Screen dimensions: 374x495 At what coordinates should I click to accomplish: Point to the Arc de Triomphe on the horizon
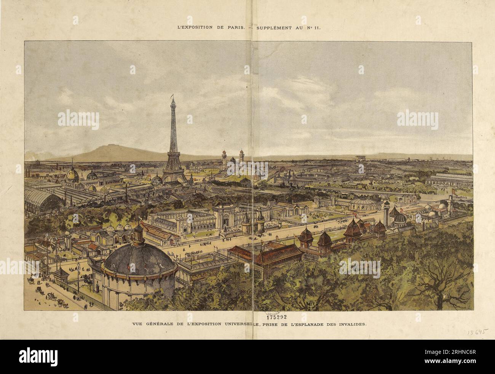point(360,158)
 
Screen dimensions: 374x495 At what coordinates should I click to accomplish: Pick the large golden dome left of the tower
point(72,174)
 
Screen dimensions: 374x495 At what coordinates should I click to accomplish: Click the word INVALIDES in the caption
point(351,324)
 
